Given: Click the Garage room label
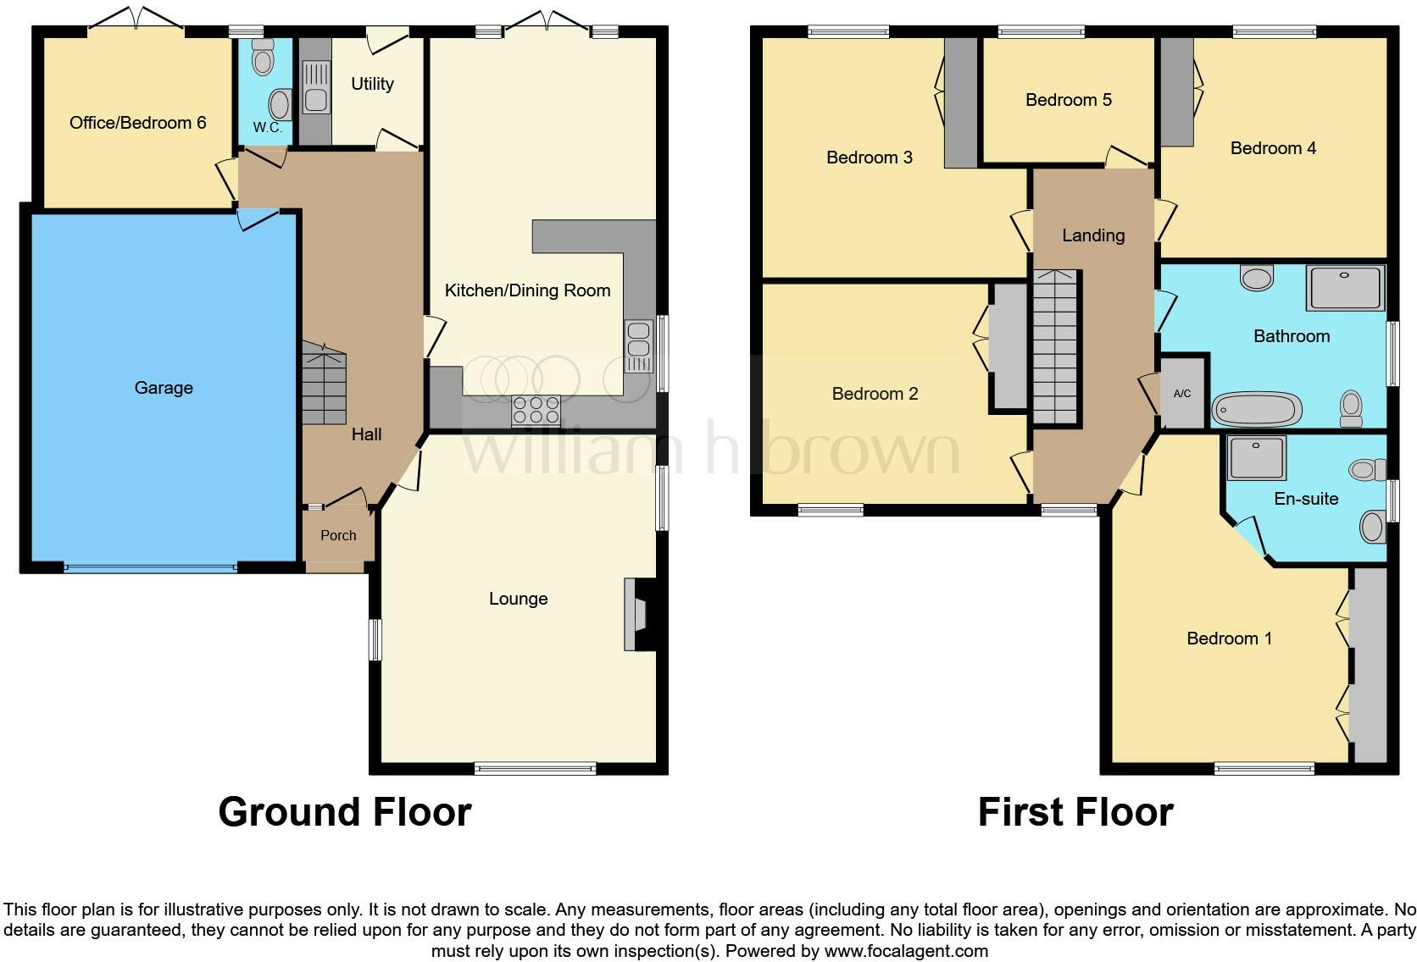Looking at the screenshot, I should pyautogui.click(x=164, y=388).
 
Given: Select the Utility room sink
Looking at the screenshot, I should pyautogui.click(x=315, y=98).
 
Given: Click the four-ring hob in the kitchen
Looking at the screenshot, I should pyautogui.click(x=536, y=410).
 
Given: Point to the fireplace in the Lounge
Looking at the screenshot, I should pyautogui.click(x=636, y=614).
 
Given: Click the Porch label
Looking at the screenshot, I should pyautogui.click(x=338, y=535).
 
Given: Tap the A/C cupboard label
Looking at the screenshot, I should pyautogui.click(x=1182, y=394).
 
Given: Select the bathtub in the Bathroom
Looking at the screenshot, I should pyautogui.click(x=1257, y=410).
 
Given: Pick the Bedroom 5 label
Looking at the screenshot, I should pyautogui.click(x=1068, y=100).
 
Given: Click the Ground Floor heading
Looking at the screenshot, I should pyautogui.click(x=344, y=811).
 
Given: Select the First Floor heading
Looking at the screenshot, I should pyautogui.click(x=1075, y=811).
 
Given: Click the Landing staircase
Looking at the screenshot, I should pyautogui.click(x=1055, y=347).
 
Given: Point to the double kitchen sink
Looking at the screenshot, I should pyautogui.click(x=639, y=346).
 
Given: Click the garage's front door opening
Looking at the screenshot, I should pyautogui.click(x=150, y=568).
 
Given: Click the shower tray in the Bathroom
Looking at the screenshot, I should pyautogui.click(x=1345, y=287).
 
